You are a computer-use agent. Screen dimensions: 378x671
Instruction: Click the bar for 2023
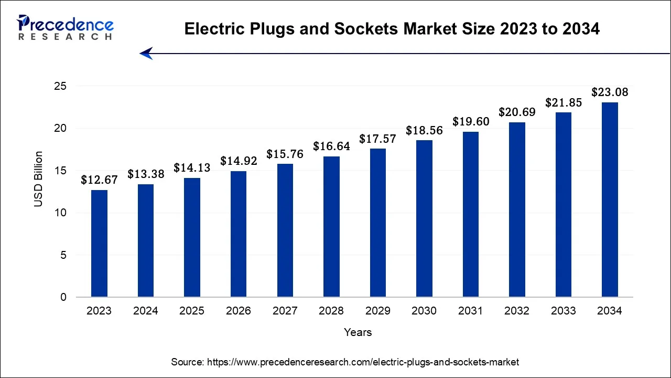coord(99,244)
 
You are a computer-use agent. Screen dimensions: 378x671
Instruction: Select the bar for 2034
coord(610,199)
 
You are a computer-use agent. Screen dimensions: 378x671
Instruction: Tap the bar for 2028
coord(331,227)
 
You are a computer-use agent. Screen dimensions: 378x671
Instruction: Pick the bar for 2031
coord(470,214)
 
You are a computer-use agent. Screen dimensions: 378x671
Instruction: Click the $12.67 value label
coord(99,180)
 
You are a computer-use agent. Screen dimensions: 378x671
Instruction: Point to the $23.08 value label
coord(610,92)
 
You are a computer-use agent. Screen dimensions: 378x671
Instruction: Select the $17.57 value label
coord(377,139)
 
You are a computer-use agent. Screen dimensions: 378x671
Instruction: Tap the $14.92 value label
coord(239,161)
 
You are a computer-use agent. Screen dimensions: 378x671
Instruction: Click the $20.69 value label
coord(517,112)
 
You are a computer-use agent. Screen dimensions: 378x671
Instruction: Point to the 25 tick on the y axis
coord(60,86)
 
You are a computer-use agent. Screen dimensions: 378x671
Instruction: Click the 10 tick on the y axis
coord(60,213)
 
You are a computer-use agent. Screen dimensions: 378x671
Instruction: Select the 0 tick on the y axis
coord(63,298)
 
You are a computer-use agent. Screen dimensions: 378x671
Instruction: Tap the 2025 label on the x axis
coord(192,311)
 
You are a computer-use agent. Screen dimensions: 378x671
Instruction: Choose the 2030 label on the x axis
coord(424,311)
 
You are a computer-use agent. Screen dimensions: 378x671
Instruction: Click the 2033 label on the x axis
coord(563,311)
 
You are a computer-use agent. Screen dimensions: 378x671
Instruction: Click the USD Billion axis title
coord(39,178)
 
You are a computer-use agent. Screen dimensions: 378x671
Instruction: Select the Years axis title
coord(358,332)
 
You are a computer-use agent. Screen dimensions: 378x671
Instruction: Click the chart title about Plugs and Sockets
coord(392,30)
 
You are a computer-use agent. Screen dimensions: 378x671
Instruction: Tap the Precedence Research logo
coord(66,28)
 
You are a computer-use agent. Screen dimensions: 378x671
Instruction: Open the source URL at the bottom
coord(345,362)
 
